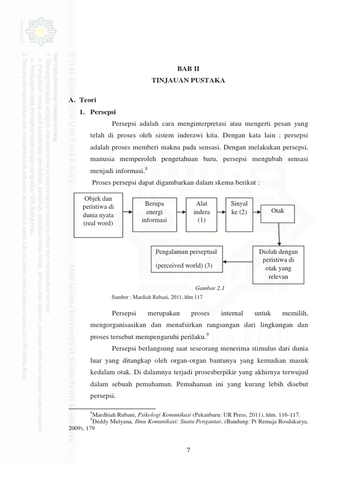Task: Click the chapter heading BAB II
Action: pyautogui.click(x=188, y=68)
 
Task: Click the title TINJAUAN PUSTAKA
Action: pyautogui.click(x=188, y=81)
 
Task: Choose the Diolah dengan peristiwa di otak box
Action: pyautogui.click(x=279, y=264)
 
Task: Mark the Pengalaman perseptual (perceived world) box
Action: pyautogui.click(x=187, y=259)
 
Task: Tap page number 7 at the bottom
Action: pyautogui.click(x=188, y=450)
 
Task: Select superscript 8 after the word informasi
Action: pyautogui.click(x=146, y=168)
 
